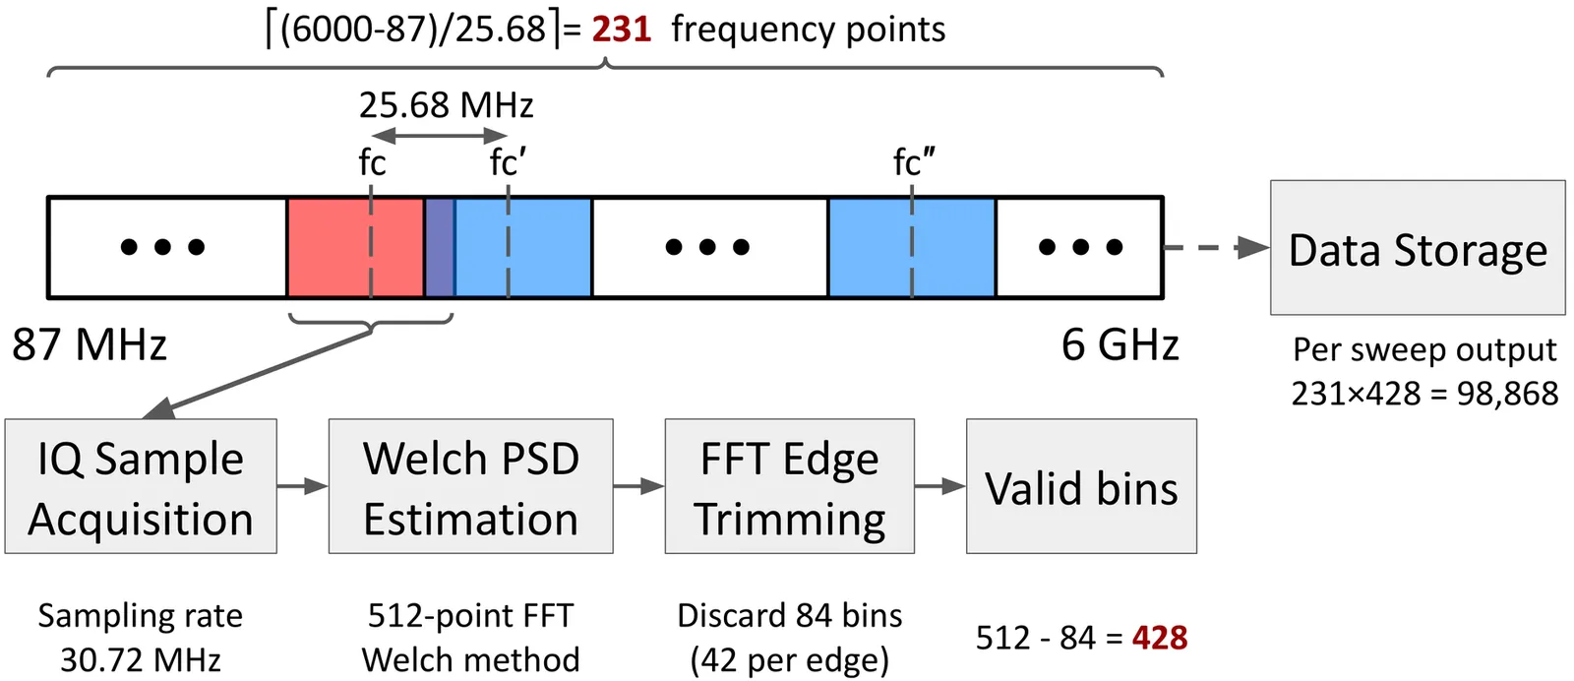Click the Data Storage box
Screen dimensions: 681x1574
(x=1417, y=248)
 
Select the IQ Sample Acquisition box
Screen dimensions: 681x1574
(x=141, y=486)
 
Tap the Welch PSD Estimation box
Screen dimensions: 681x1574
(x=470, y=486)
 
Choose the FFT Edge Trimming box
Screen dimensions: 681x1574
(x=789, y=486)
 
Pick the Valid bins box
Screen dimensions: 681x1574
(x=1081, y=486)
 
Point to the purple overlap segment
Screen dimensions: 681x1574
(x=440, y=247)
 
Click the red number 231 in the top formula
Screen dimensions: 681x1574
(x=621, y=30)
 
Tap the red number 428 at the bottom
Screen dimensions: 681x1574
(x=1160, y=638)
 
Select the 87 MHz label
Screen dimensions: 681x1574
(x=90, y=345)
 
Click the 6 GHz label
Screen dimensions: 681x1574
(x=1120, y=345)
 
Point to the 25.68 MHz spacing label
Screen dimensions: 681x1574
(x=446, y=105)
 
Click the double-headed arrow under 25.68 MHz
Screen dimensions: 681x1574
(x=439, y=136)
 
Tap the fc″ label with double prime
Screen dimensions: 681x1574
(x=914, y=162)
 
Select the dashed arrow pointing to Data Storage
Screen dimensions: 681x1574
(x=1216, y=247)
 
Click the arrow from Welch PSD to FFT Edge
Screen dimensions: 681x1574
(x=638, y=486)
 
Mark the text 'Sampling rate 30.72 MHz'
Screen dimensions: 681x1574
(x=141, y=637)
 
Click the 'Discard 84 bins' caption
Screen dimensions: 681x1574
(x=789, y=616)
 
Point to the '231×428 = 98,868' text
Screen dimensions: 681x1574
(x=1424, y=394)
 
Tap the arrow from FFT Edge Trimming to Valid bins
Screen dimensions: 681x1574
(x=939, y=486)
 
